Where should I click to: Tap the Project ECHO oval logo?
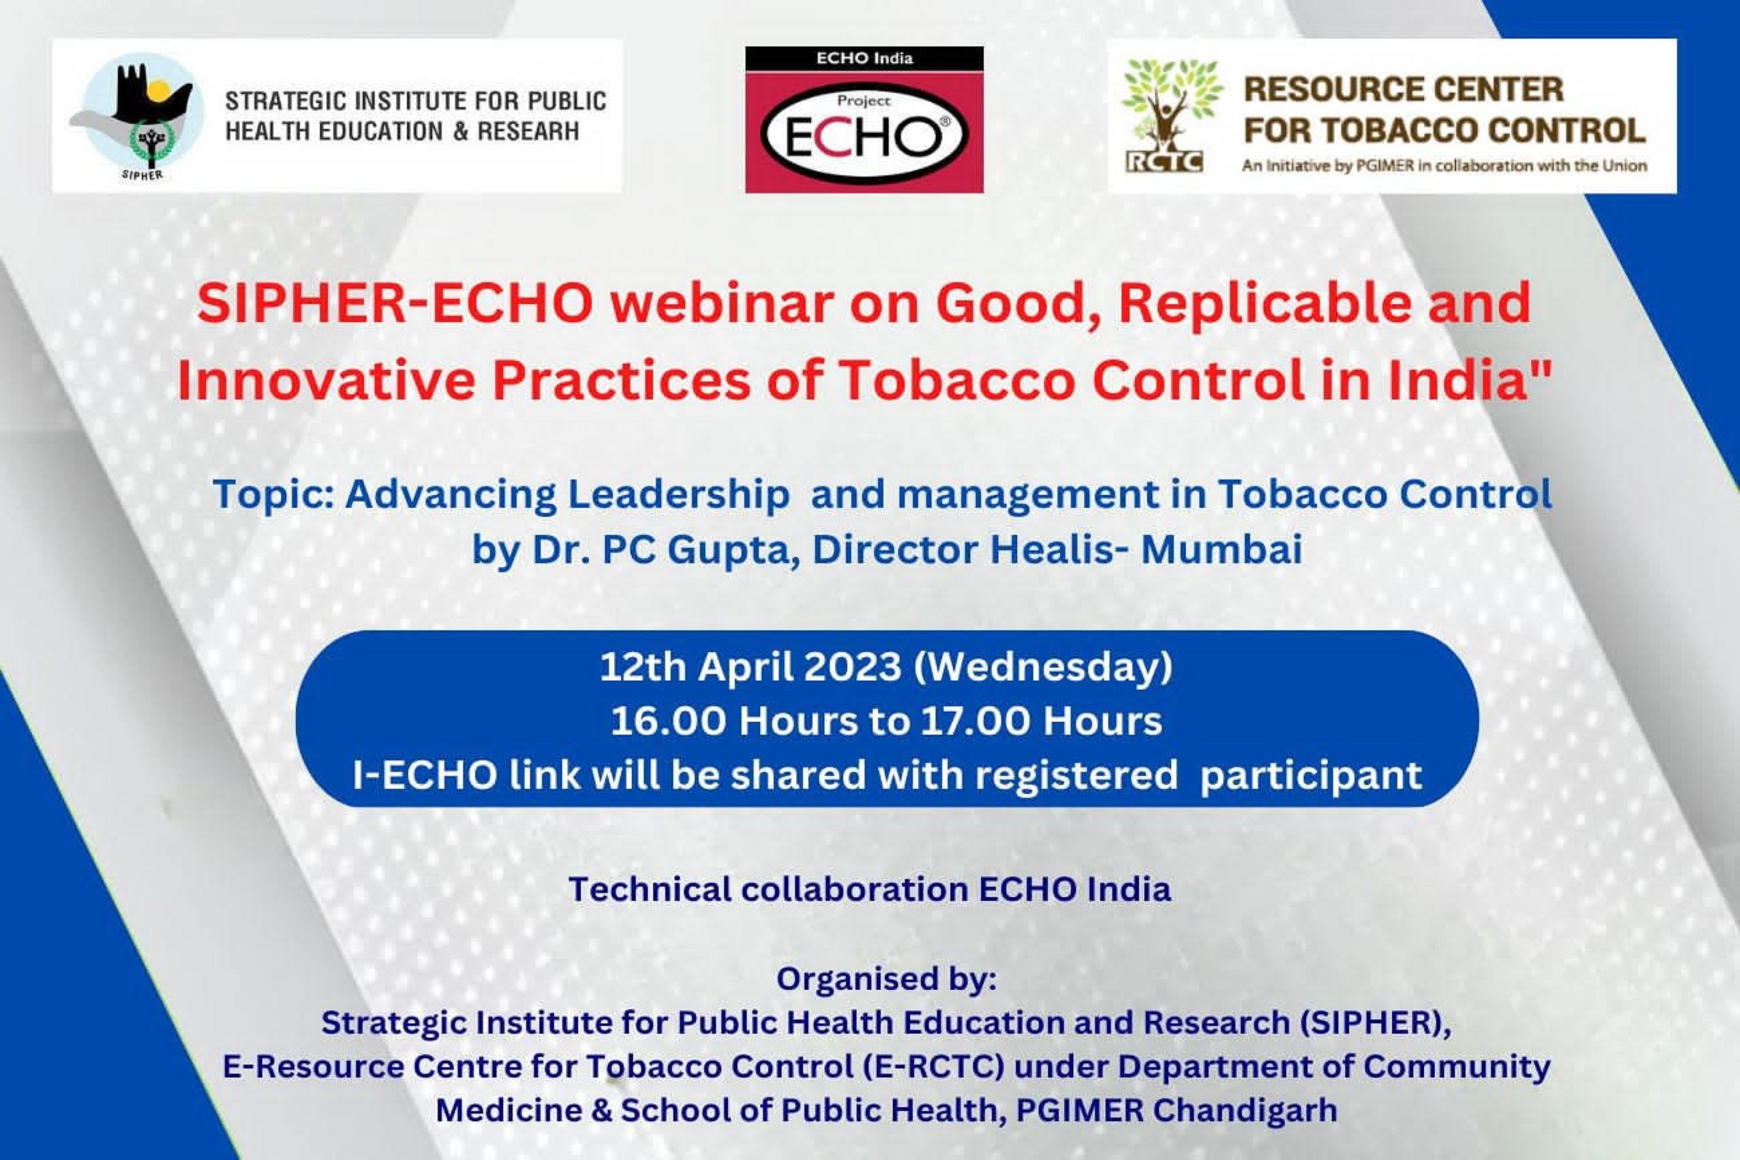[864, 133]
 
